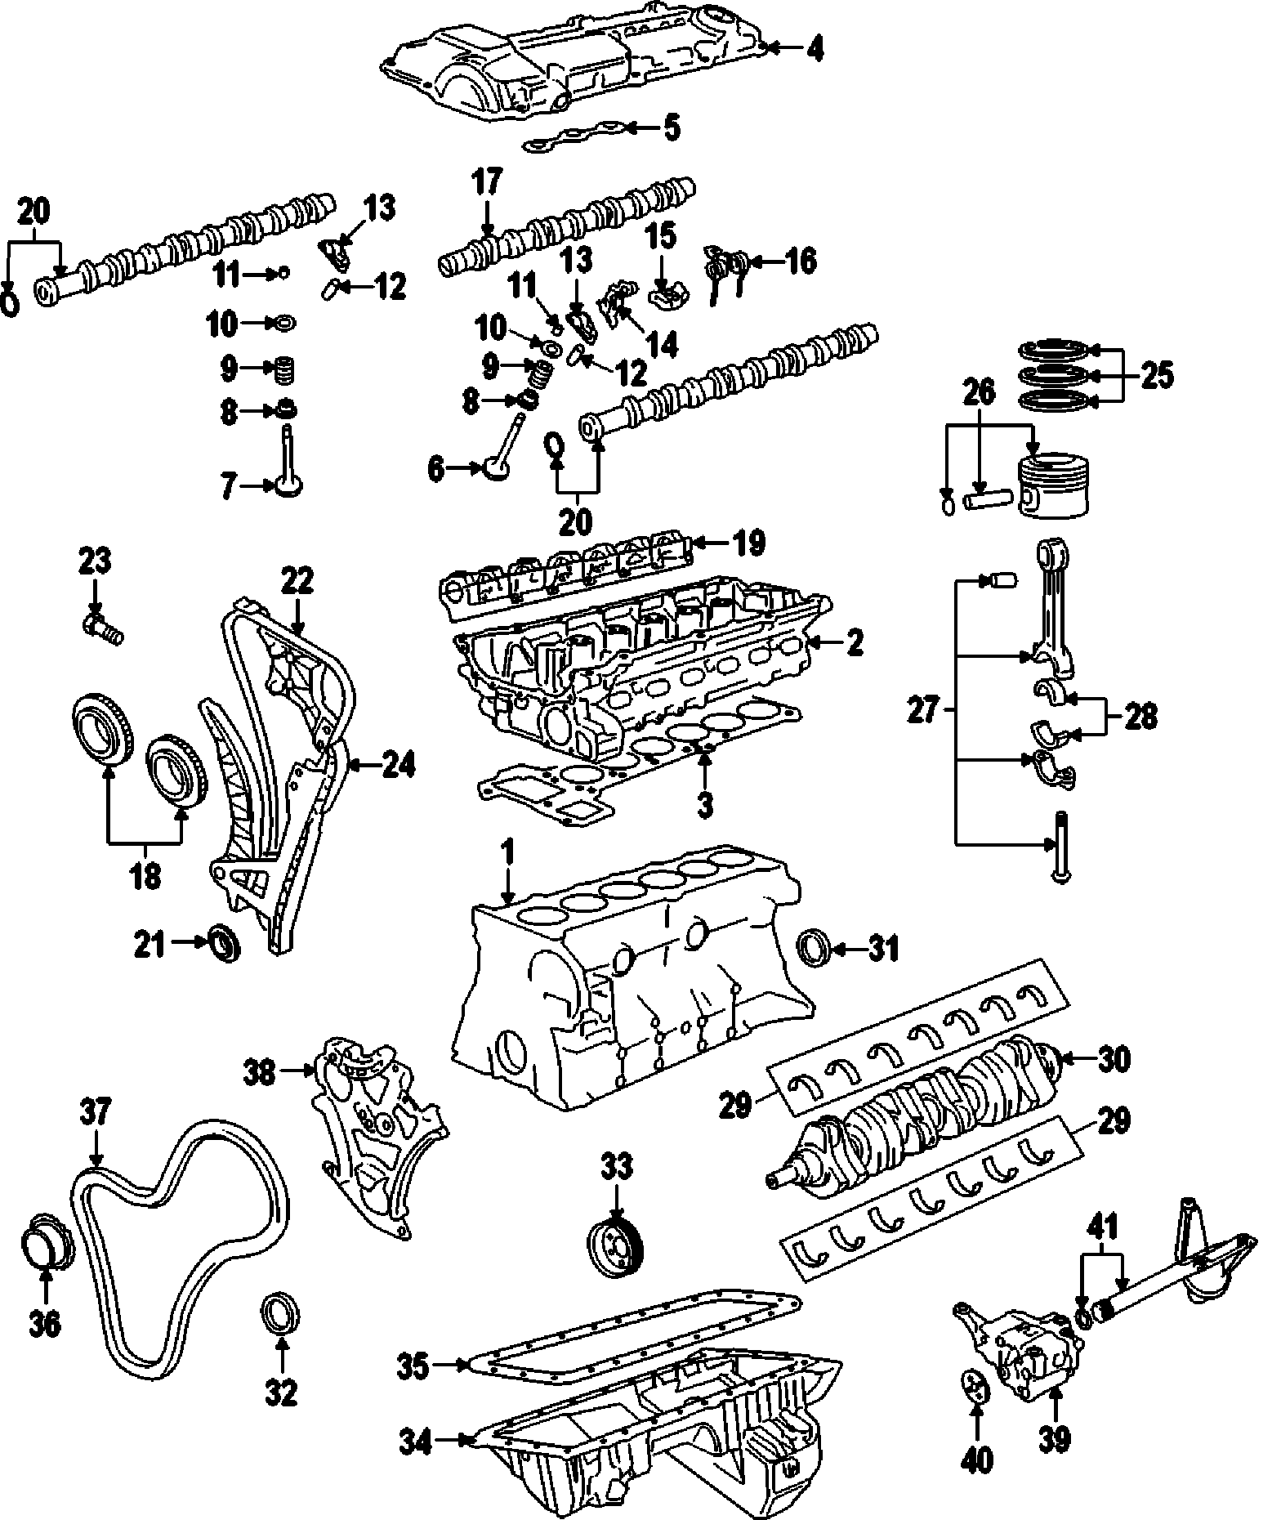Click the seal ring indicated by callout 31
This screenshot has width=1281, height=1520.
(x=815, y=949)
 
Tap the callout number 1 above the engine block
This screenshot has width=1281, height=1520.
(x=507, y=855)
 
